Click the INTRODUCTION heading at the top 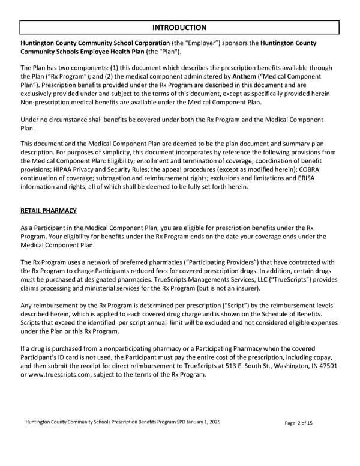point(179,28)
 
